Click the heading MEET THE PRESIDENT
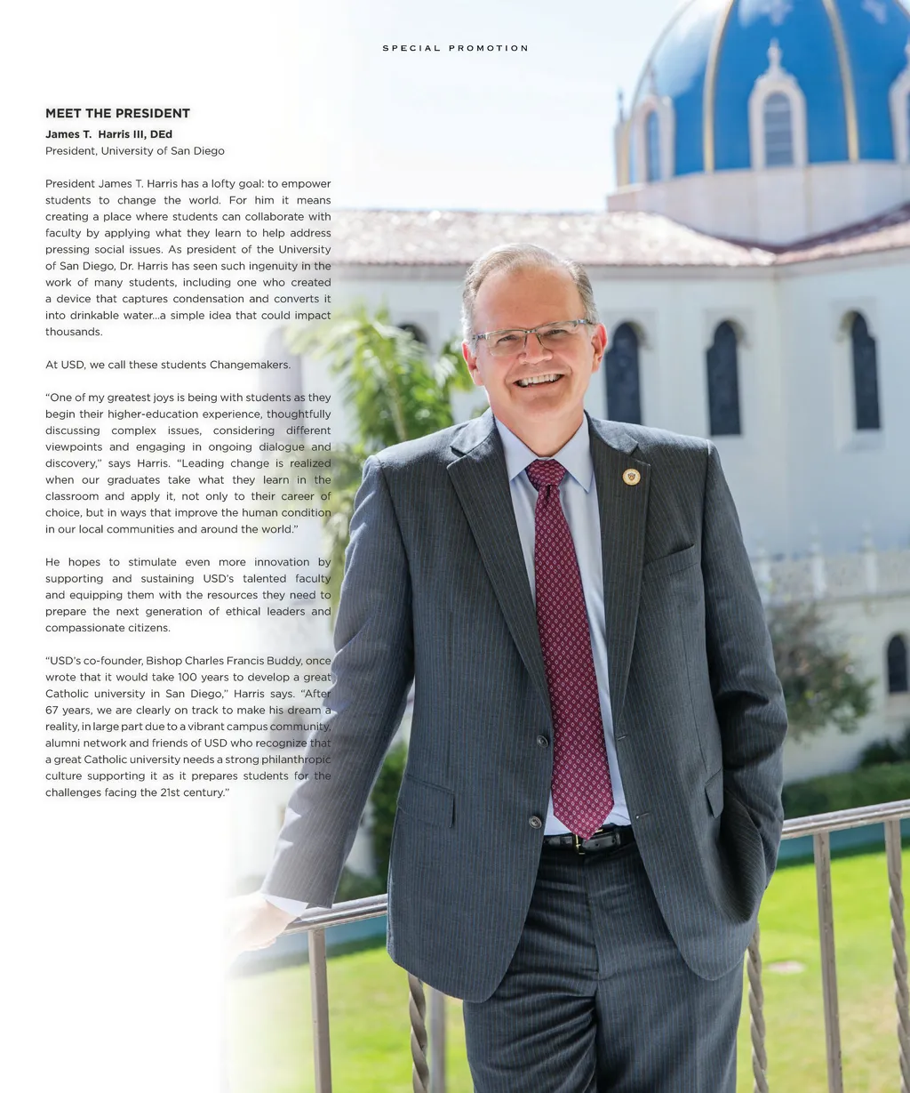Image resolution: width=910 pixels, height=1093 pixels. [117, 113]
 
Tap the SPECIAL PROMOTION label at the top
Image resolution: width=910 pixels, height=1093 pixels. [455, 48]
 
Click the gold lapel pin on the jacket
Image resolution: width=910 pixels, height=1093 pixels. [631, 477]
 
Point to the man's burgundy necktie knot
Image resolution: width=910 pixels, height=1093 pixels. [547, 471]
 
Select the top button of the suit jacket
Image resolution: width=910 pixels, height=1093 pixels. [541, 740]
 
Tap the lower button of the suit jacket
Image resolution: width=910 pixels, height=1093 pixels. [535, 822]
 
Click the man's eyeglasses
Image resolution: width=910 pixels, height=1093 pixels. [531, 336]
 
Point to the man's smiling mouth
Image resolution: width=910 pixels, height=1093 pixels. [539, 380]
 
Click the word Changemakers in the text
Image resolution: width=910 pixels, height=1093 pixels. [250, 365]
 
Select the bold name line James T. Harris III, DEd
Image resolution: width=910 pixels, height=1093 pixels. [108, 134]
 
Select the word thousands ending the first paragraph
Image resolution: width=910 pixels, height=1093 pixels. [74, 332]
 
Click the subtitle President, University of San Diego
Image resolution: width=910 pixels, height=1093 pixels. [135, 151]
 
